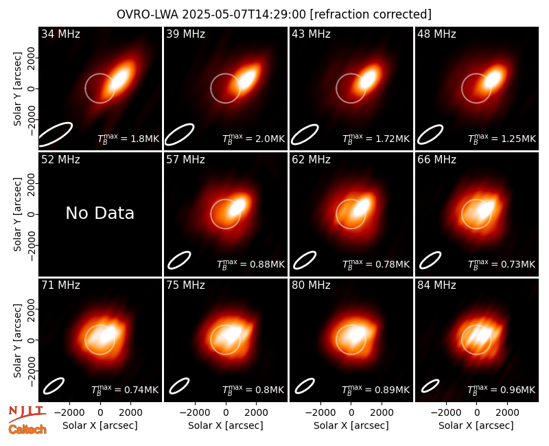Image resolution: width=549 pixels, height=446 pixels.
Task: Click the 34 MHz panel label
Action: [x=60, y=34]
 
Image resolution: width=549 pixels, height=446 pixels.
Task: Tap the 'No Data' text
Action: [x=100, y=213]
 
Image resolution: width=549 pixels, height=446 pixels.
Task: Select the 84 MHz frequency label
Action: [x=436, y=285]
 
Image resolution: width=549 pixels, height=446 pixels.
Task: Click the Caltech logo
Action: [x=27, y=430]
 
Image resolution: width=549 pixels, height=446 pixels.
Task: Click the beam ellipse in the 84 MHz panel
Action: [x=430, y=386]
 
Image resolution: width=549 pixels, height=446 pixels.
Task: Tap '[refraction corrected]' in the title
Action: [x=371, y=14]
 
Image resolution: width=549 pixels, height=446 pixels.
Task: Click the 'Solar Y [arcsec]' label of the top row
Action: [x=18, y=89]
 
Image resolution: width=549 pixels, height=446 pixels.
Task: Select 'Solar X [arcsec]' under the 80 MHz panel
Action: [x=351, y=425]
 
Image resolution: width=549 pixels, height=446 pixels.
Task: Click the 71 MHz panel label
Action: [x=60, y=285]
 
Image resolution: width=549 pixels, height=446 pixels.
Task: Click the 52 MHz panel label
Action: [x=60, y=160]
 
